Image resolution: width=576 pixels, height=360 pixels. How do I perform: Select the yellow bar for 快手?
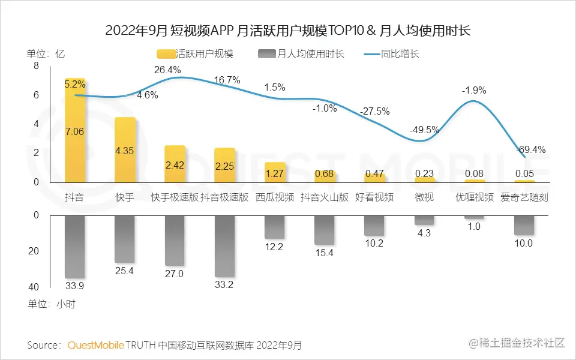125,150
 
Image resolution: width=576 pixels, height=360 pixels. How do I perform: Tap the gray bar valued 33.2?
224,246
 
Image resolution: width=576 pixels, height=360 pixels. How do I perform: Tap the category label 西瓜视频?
275,197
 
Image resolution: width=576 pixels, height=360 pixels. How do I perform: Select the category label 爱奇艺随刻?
524,197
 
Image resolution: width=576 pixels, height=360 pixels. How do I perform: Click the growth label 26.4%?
167,70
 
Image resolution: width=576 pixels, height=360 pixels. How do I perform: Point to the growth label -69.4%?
527,149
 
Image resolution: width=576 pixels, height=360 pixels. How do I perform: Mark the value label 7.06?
75,131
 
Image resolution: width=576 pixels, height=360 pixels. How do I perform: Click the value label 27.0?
175,274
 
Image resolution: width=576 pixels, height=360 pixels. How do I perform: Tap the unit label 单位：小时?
51,304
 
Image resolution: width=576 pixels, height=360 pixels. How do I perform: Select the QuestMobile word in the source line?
96,345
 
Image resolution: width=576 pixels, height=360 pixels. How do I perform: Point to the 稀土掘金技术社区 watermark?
522,343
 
